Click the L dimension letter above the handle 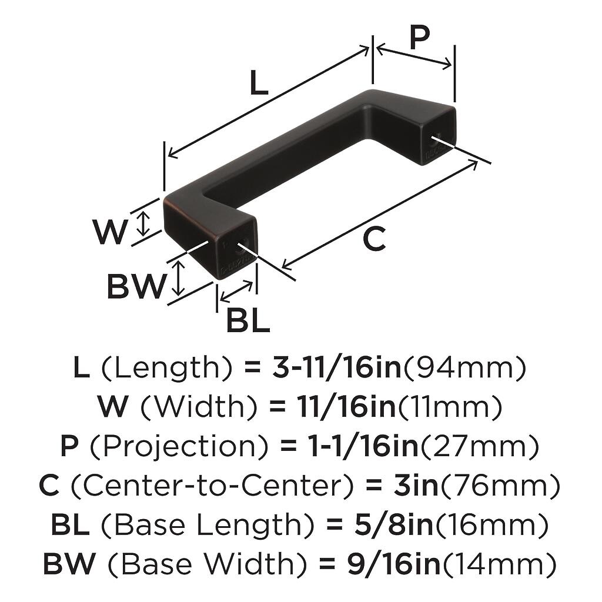259,83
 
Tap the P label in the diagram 419,38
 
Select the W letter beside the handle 110,232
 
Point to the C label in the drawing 374,239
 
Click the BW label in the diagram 136,287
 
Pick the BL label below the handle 248,321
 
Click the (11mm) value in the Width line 450,407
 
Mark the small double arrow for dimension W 143,223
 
